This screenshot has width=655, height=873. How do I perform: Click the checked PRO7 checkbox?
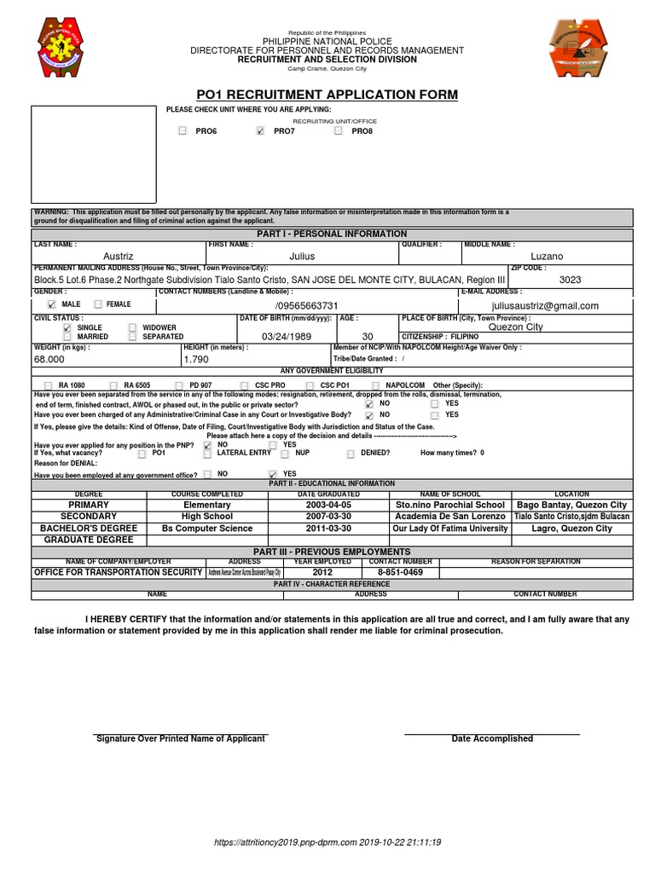pos(260,131)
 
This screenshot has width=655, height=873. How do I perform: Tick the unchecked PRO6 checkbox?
pos(182,131)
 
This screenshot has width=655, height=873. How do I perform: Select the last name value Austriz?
pos(119,256)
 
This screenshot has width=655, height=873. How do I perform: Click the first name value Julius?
pos(302,256)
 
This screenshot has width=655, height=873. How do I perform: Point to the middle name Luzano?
pos(547,256)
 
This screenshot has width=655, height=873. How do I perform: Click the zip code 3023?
pos(571,279)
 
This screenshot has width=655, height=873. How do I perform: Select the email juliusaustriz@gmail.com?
pos(545,305)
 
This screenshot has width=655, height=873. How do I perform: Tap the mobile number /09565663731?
pos(307,305)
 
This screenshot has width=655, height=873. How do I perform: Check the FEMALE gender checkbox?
pos(98,304)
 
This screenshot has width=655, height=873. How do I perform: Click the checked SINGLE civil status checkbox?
pos(67,327)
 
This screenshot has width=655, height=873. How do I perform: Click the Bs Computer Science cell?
pos(207,529)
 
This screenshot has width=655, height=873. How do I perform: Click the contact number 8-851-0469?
pos(400,572)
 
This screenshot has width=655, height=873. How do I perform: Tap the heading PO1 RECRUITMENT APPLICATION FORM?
pos(327,95)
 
